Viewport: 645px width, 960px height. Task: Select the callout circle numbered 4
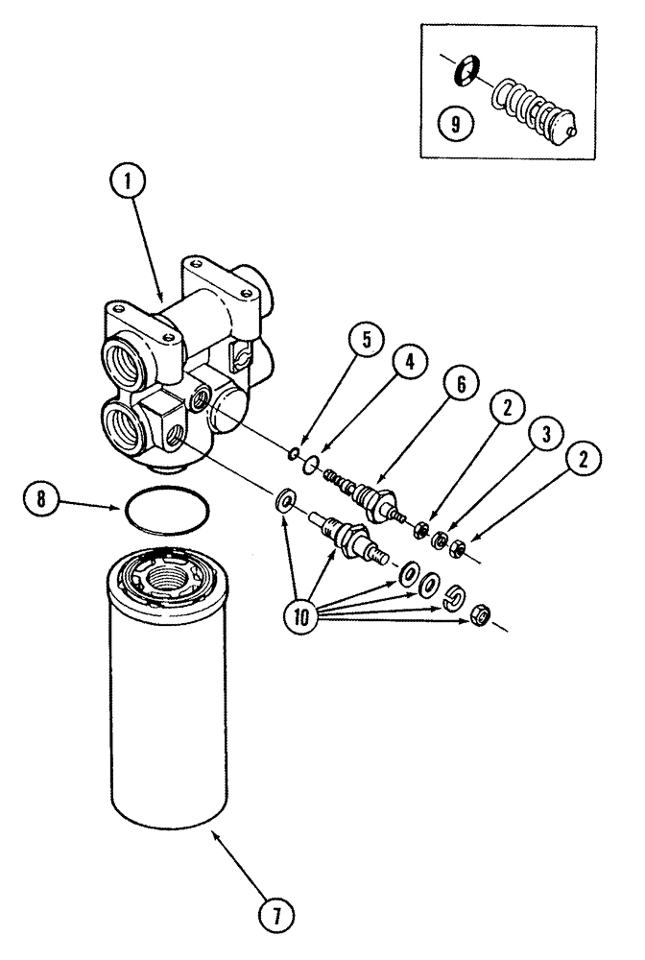(x=410, y=362)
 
